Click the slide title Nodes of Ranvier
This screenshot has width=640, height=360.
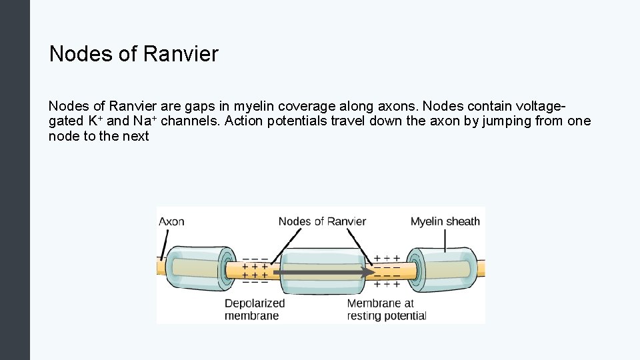pyautogui.click(x=133, y=54)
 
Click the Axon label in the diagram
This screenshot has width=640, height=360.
pyautogui.click(x=171, y=221)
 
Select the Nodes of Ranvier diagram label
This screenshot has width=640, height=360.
pyautogui.click(x=322, y=221)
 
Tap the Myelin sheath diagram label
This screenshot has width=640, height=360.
pyautogui.click(x=445, y=221)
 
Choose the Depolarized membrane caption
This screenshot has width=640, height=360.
pyautogui.click(x=254, y=309)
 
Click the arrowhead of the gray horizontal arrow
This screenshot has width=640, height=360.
pyautogui.click(x=369, y=272)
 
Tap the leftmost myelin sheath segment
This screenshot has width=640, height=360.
pyautogui.click(x=199, y=269)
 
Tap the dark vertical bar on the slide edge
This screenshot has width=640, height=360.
pyautogui.click(x=15, y=180)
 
